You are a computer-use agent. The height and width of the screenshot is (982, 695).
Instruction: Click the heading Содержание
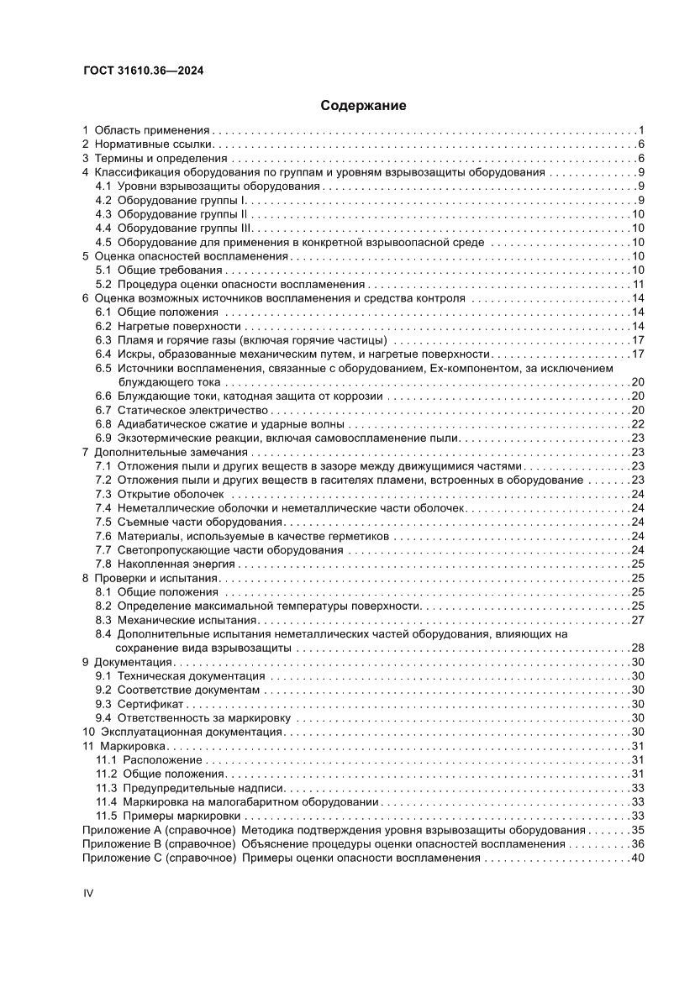363,106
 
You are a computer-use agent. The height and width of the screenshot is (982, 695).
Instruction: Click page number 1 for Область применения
640,130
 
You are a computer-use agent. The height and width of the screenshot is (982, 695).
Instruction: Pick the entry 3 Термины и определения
155,158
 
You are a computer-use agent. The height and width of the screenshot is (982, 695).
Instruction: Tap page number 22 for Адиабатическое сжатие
637,423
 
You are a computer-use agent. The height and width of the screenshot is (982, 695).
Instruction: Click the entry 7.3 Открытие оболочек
163,494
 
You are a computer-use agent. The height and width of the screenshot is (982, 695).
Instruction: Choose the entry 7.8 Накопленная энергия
169,564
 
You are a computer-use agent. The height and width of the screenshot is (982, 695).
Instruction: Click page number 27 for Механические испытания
637,620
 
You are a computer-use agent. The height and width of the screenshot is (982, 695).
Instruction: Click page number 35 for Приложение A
637,830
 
